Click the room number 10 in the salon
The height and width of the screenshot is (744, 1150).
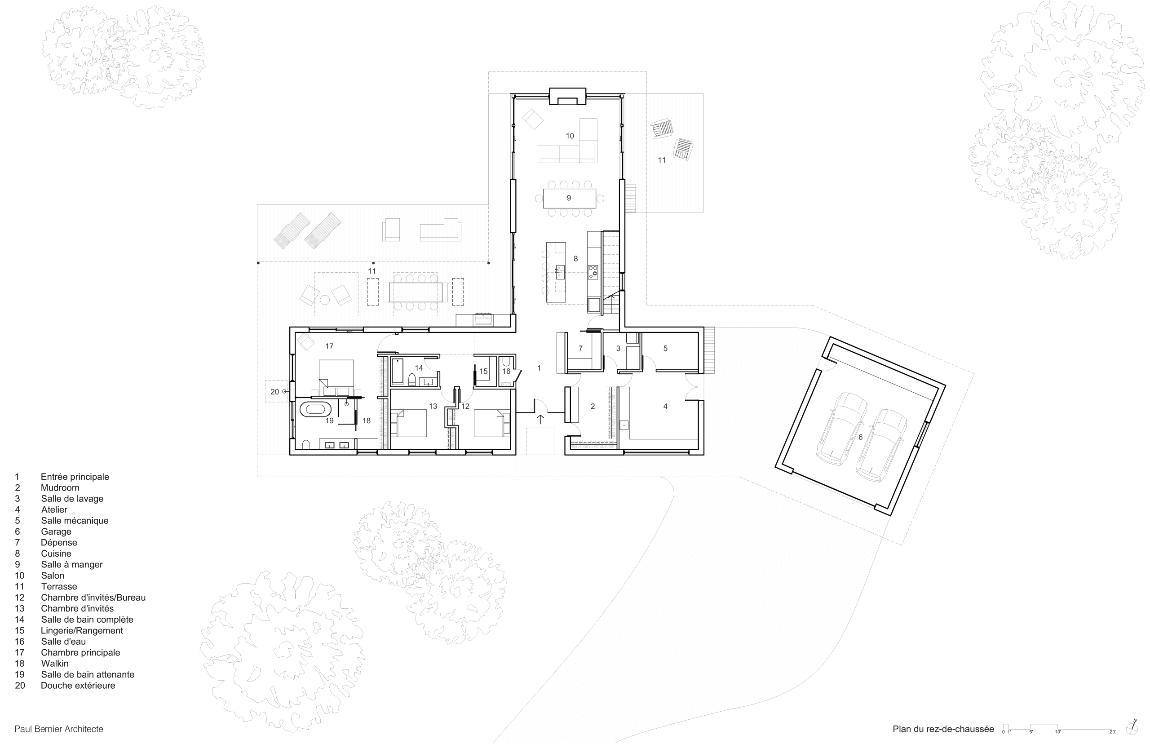tap(570, 136)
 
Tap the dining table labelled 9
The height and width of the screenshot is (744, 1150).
tap(569, 198)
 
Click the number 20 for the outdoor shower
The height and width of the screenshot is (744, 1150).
tap(274, 392)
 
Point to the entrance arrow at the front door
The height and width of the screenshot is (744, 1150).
tap(540, 419)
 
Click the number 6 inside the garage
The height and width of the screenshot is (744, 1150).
tap(860, 437)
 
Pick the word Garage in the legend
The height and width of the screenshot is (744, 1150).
tap(56, 531)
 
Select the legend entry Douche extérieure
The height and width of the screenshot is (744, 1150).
tap(78, 686)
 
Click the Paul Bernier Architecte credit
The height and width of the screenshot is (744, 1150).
tap(59, 729)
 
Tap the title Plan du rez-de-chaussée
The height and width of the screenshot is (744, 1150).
tap(943, 729)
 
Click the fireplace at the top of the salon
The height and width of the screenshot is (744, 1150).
tap(567, 96)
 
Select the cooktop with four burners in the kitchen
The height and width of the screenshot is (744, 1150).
tap(593, 272)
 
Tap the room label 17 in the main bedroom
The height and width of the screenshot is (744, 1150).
tap(329, 346)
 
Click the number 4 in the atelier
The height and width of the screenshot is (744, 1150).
tap(665, 406)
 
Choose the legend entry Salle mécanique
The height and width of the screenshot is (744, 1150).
tap(75, 521)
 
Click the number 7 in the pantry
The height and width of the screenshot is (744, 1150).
tap(580, 348)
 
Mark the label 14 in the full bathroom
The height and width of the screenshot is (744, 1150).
tap(419, 368)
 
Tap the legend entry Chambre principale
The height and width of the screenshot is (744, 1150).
tap(80, 653)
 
